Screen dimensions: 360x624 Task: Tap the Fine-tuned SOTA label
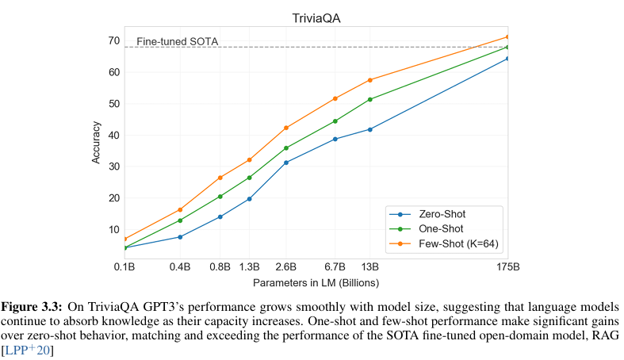click(178, 41)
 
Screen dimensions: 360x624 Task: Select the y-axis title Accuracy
click(96, 142)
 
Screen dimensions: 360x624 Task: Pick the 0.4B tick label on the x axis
click(181, 266)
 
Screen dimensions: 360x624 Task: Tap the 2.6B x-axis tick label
click(286, 266)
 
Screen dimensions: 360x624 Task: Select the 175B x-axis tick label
click(507, 266)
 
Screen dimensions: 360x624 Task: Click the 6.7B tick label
click(335, 266)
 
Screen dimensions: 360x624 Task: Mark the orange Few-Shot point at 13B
click(370, 80)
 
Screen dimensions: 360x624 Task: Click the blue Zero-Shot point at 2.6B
click(286, 163)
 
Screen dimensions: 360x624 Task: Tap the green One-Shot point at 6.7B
click(335, 121)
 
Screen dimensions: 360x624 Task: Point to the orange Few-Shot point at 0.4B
click(181, 210)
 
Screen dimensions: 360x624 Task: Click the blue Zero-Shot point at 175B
click(507, 58)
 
